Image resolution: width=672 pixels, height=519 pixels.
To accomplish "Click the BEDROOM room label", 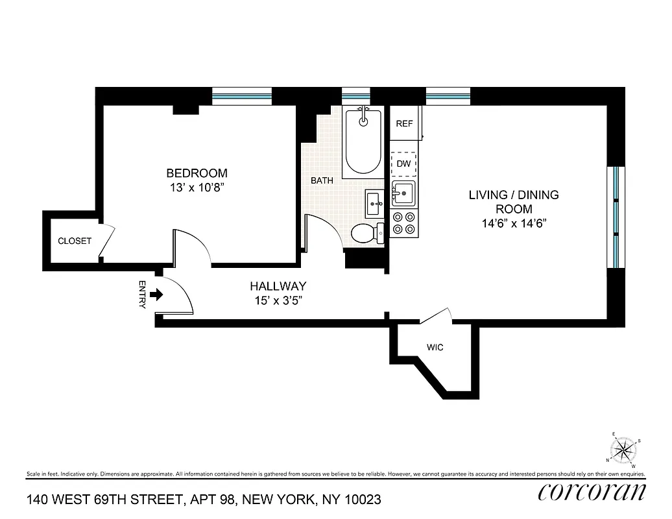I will (197, 173).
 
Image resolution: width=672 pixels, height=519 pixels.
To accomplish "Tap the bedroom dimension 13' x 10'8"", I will (197, 187).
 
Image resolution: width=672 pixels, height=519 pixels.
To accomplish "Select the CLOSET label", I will (75, 241).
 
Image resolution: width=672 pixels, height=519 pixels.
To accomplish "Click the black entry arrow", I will (156, 295).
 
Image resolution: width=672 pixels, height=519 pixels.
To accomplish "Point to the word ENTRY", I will (142, 295).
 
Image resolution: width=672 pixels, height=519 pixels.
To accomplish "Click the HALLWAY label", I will (278, 286).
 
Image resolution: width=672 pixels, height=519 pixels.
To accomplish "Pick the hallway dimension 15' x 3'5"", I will (278, 300).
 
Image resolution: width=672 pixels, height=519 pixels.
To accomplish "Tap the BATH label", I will (322, 180).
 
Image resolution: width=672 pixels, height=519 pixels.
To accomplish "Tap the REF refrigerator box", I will (404, 123).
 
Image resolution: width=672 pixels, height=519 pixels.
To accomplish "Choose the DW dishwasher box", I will (404, 163).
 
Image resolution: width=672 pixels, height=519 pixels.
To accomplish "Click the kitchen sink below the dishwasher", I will (404, 193).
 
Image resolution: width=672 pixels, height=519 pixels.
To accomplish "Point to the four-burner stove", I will (403, 223).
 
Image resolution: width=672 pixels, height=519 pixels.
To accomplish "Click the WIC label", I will (435, 348).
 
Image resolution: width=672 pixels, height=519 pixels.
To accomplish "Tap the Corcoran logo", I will (592, 492).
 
